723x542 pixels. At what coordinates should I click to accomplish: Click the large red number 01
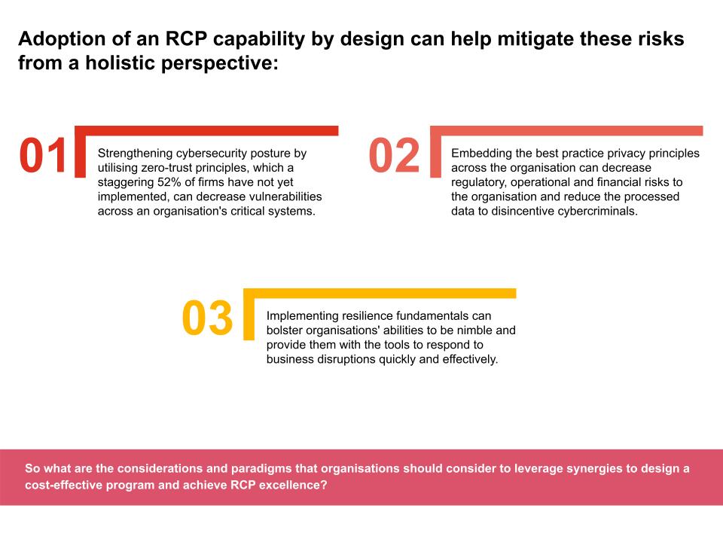click(x=44, y=155)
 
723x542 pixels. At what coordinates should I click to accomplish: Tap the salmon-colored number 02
click(x=394, y=155)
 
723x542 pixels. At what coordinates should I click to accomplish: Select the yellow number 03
click(x=207, y=318)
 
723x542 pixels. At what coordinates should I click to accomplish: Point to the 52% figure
click(x=169, y=182)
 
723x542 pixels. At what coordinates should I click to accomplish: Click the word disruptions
click(x=346, y=360)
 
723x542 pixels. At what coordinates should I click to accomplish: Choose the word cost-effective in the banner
click(x=63, y=486)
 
